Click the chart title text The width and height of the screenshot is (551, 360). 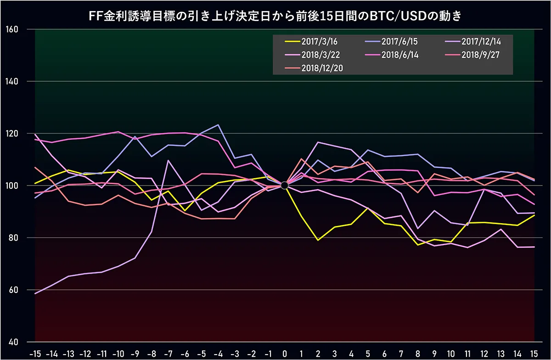[x=275, y=16]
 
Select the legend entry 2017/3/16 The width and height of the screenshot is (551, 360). [x=311, y=41]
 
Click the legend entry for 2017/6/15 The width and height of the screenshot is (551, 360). [x=391, y=41]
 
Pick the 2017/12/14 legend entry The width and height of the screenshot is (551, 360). [x=473, y=41]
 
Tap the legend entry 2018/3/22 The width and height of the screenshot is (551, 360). [x=312, y=55]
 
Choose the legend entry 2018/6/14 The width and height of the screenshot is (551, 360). [x=392, y=55]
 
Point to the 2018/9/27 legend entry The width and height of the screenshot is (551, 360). [x=472, y=55]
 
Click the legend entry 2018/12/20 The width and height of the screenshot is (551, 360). [x=314, y=68]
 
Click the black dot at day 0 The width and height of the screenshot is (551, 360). [x=284, y=186]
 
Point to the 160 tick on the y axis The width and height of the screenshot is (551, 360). [x=12, y=29]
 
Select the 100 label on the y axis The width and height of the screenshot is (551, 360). [x=12, y=186]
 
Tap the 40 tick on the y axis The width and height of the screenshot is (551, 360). [x=13, y=342]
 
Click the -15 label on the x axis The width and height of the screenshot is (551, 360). [x=35, y=354]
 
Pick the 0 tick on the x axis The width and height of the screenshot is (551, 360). [x=285, y=354]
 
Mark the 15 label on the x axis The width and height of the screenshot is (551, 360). [x=534, y=354]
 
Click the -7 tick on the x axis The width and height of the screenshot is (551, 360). [x=168, y=354]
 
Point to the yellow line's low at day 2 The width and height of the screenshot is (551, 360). [x=318, y=240]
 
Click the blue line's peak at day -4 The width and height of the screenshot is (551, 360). [x=218, y=125]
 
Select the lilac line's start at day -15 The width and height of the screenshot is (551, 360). [x=35, y=293]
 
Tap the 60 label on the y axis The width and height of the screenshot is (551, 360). [x=13, y=290]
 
